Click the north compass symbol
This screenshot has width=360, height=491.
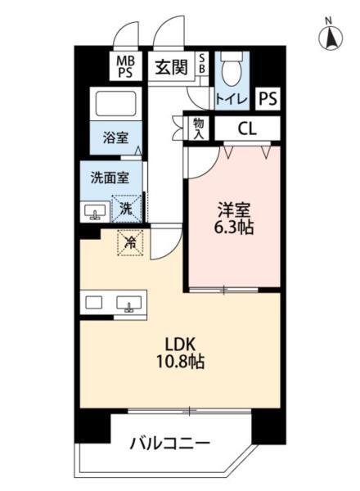[x=331, y=36]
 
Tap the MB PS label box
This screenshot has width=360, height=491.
[x=125, y=66]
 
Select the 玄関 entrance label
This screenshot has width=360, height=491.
[x=172, y=67]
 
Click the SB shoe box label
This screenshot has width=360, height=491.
[x=202, y=64]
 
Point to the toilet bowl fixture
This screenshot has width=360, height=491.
[x=232, y=68]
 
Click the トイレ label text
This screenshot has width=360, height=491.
[x=232, y=100]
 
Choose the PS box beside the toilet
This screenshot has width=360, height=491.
[x=268, y=99]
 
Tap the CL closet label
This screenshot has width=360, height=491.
[x=247, y=128]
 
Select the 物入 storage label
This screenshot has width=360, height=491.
[x=199, y=128]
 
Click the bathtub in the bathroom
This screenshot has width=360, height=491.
[x=115, y=104]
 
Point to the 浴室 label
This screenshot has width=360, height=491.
[x=116, y=137]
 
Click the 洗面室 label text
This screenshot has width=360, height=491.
[x=110, y=178]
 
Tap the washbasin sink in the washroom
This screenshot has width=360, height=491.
[x=95, y=212]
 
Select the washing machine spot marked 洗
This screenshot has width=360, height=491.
[x=127, y=209]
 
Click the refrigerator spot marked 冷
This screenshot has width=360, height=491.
[x=130, y=243]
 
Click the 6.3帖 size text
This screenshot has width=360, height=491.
[x=233, y=227]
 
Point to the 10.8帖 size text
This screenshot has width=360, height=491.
[x=181, y=362]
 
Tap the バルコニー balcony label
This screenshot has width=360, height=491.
[x=170, y=444]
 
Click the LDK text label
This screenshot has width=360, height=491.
[x=181, y=345]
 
